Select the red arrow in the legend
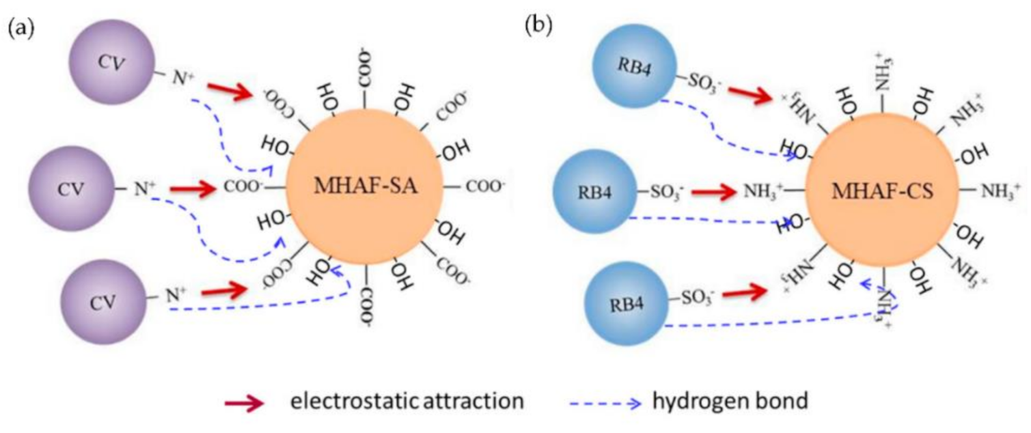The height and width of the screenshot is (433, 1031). tap(245, 404)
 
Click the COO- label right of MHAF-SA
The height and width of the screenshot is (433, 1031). tap(486, 186)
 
